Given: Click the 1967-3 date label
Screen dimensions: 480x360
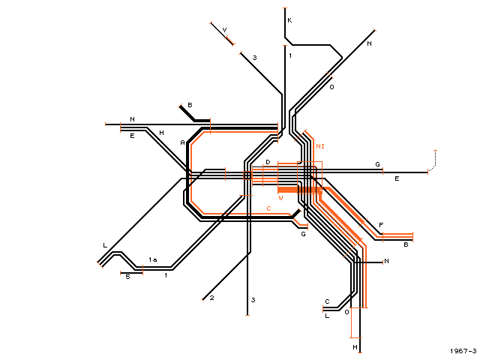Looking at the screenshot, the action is tap(463, 351).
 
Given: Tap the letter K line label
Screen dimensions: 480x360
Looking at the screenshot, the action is tap(289, 20).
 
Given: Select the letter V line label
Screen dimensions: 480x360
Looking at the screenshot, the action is tap(224, 30).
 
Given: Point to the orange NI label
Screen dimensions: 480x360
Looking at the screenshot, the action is tap(320, 146).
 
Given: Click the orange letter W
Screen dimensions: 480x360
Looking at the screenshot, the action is tap(280, 198).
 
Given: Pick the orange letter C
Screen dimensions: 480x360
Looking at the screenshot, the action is tap(268, 208).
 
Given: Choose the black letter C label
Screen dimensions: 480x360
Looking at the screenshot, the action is tap(327, 301).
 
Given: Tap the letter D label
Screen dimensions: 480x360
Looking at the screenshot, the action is tap(268, 162).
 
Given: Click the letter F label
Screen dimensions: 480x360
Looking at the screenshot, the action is tap(381, 225).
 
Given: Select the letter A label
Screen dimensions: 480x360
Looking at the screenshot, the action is tap(182, 142).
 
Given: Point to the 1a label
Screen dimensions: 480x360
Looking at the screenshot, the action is tap(153, 259).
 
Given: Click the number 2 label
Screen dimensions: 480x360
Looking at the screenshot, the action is tap(211, 298).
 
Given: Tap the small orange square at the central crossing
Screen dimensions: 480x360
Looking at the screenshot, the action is tap(247, 175).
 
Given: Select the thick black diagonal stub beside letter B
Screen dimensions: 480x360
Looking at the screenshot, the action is tap(187, 113).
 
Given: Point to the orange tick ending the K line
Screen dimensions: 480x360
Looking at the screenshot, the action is tap(285, 8).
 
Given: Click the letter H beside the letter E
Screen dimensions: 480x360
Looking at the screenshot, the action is tap(162, 133).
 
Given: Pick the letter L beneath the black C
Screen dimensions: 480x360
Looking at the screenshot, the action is tap(327, 316).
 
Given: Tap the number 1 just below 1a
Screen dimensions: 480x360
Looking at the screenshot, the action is tap(166, 275).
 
